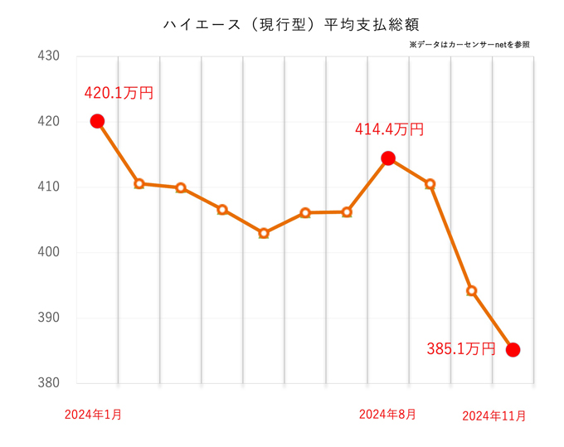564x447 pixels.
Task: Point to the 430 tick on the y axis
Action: (x=50, y=56)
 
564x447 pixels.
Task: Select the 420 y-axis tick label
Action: (x=50, y=122)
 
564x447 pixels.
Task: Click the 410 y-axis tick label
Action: (x=50, y=187)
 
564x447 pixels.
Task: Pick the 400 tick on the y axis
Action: (x=50, y=252)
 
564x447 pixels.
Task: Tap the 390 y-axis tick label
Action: (x=50, y=318)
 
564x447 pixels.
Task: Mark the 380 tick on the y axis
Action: (x=50, y=383)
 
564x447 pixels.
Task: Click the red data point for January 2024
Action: (x=97, y=121)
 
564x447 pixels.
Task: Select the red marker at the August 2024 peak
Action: (x=388, y=158)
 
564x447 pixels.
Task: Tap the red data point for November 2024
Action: (x=513, y=350)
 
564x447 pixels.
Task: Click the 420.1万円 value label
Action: (x=119, y=93)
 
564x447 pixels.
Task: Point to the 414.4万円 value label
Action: (x=389, y=129)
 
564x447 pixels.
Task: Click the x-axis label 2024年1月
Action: (x=93, y=415)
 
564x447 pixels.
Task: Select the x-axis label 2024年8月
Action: (x=387, y=415)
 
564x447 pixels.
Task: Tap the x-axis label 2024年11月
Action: (x=494, y=415)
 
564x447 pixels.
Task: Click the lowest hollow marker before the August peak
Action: (x=264, y=233)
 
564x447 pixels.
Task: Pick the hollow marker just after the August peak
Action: (x=430, y=184)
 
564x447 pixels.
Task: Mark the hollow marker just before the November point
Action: (x=471, y=290)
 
